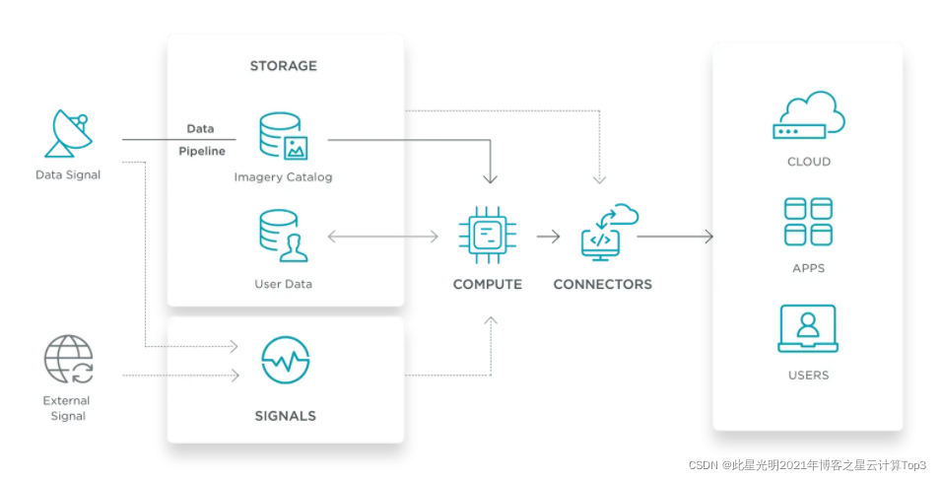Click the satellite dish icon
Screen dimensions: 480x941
point(67,135)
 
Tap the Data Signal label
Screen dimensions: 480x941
point(67,175)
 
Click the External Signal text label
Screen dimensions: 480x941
point(66,408)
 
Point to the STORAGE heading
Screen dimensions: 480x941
point(284,66)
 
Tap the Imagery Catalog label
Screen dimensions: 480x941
point(284,177)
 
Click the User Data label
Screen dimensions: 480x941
point(284,284)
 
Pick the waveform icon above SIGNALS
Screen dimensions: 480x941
point(285,361)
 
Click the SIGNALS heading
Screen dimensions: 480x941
point(285,416)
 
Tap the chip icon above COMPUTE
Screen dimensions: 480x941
point(487,236)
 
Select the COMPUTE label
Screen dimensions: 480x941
point(487,284)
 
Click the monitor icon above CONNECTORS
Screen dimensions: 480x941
point(607,233)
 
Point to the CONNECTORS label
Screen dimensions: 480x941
point(602,284)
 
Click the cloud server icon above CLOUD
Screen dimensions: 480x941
point(808,116)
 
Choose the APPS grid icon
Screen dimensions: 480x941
point(808,221)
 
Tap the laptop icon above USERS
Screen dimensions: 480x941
point(808,328)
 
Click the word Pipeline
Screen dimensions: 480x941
point(202,151)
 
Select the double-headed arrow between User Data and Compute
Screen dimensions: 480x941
point(382,237)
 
